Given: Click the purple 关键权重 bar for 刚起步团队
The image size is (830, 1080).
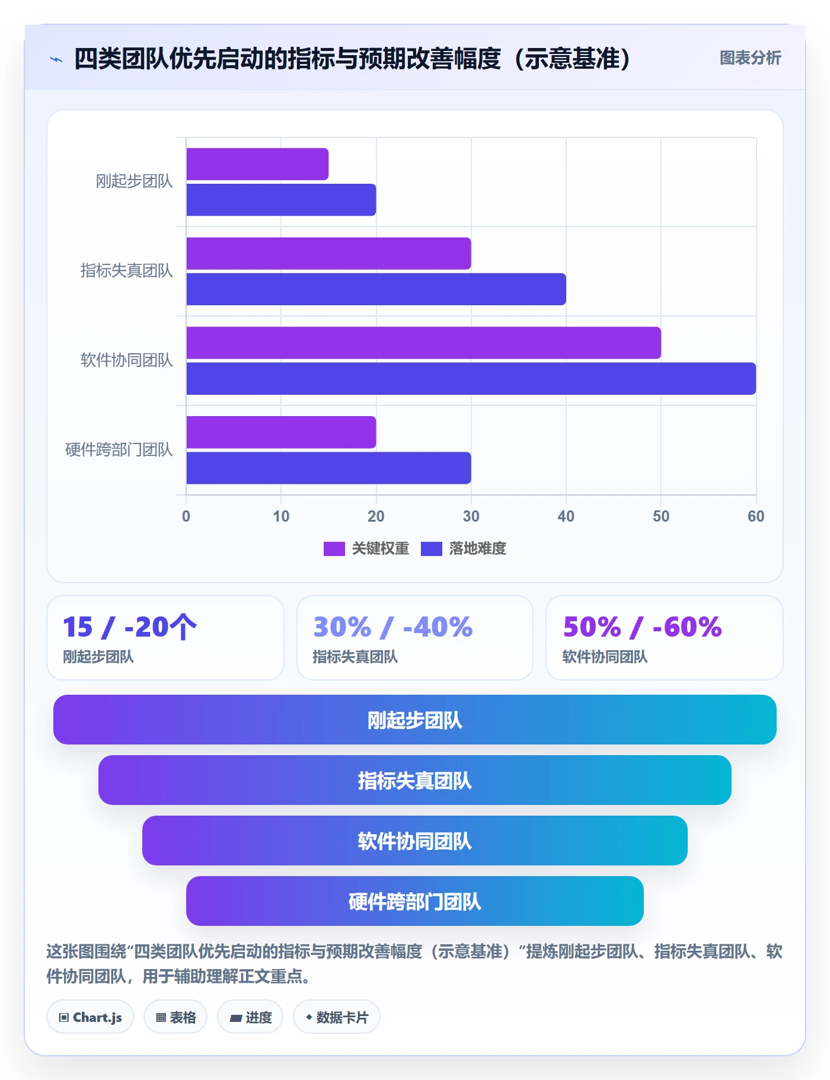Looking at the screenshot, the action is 257,164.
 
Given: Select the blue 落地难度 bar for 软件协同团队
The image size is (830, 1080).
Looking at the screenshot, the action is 471,379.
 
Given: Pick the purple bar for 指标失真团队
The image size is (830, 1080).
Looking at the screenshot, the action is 328,254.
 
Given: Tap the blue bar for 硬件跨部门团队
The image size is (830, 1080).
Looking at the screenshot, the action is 328,468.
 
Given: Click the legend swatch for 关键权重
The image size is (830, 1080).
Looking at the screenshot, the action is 334,549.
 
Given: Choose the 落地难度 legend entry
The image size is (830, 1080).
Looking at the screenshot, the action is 464,549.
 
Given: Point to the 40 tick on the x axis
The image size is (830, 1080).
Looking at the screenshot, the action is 566,516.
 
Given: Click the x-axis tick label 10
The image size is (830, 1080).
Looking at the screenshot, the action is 281,516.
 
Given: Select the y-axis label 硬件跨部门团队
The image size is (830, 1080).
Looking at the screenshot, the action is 119,450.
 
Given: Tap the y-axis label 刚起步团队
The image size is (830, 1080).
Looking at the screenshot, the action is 135,181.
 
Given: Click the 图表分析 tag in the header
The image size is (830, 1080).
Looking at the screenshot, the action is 750,58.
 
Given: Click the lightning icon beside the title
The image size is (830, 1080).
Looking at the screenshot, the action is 56,59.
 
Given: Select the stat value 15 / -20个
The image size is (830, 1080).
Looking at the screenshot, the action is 130,627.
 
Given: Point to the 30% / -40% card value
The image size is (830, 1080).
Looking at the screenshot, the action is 393,627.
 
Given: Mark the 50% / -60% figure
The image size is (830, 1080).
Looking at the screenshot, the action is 643,627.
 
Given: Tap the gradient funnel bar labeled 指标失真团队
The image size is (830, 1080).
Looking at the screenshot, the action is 415,780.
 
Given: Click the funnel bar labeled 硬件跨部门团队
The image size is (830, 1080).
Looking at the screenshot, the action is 415,901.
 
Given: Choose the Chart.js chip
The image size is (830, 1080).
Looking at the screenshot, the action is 90,1017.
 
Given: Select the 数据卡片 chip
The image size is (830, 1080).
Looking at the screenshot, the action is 337,1017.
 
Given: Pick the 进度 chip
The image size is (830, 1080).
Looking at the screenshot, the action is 250,1017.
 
